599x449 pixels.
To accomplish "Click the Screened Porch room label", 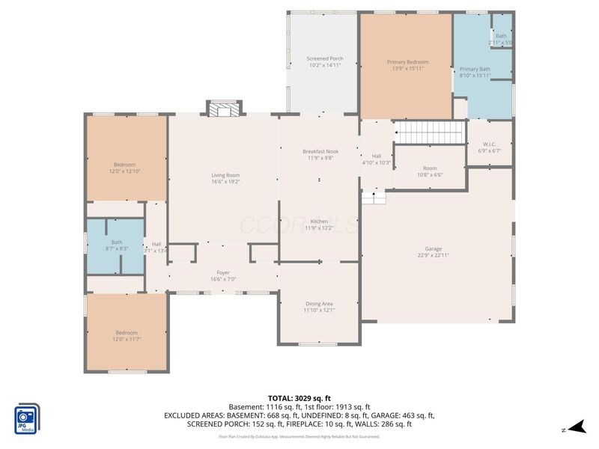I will point(325,58).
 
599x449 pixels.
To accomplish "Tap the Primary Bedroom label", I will point(407,62).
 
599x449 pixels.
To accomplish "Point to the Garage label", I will point(434,248).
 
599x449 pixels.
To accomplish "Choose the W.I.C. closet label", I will point(489,144).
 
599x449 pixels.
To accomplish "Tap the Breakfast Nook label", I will point(320,151).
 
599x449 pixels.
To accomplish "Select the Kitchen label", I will point(319,222).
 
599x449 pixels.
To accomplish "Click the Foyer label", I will point(223,272).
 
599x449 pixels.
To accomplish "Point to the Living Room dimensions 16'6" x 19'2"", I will point(225,182).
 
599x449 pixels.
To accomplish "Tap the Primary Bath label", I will point(475,69).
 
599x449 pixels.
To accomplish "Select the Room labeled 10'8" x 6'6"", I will point(429,169).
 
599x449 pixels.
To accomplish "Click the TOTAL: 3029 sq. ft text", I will point(299,398).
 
